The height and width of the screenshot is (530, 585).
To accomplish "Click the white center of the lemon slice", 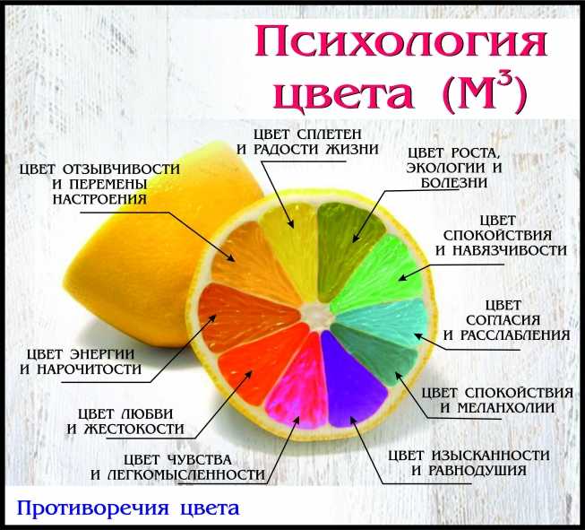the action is pos(318,316).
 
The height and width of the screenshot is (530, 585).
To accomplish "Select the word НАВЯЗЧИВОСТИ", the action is pos(510,250).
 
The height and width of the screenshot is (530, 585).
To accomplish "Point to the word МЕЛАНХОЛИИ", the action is pos(506,408).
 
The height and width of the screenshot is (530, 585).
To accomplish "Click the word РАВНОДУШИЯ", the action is pos(477,470).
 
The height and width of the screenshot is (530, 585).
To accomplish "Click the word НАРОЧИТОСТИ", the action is pos(90,369).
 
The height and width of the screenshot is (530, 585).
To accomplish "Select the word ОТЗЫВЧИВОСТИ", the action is pos(121,169).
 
